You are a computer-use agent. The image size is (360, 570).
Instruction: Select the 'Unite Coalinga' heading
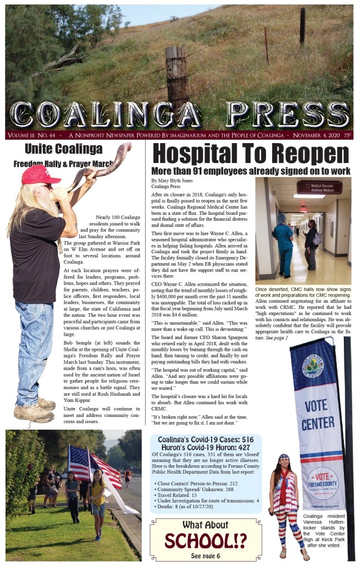coord(63,149)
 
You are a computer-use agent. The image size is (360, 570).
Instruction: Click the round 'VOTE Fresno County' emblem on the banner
coord(322,482)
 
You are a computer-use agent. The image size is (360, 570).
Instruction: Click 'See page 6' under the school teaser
coord(205,556)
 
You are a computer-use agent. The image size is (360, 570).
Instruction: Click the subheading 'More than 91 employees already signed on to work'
coord(250,171)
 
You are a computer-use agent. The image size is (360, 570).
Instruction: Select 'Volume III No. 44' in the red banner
coord(31,135)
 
